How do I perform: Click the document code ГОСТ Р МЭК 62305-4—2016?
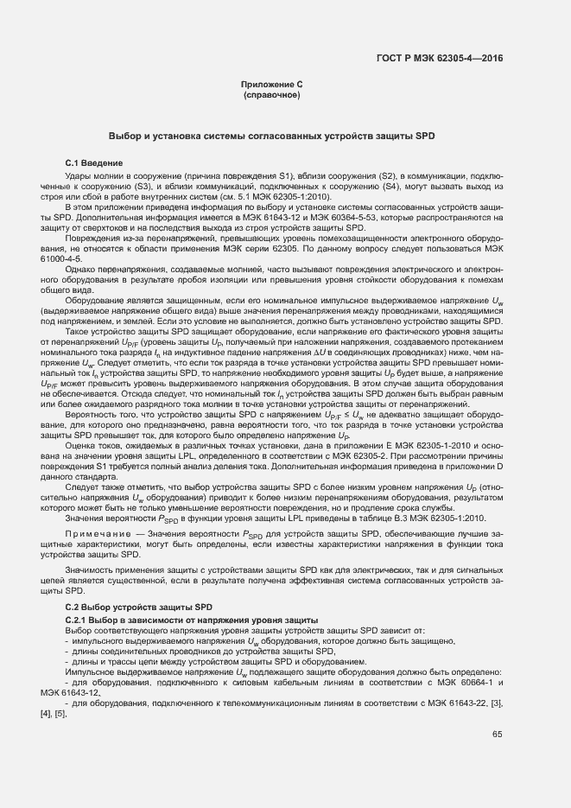441,59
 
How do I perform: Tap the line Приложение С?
271,84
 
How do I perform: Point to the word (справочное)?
271,94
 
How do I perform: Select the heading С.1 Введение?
93,163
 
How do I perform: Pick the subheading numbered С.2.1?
192,621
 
